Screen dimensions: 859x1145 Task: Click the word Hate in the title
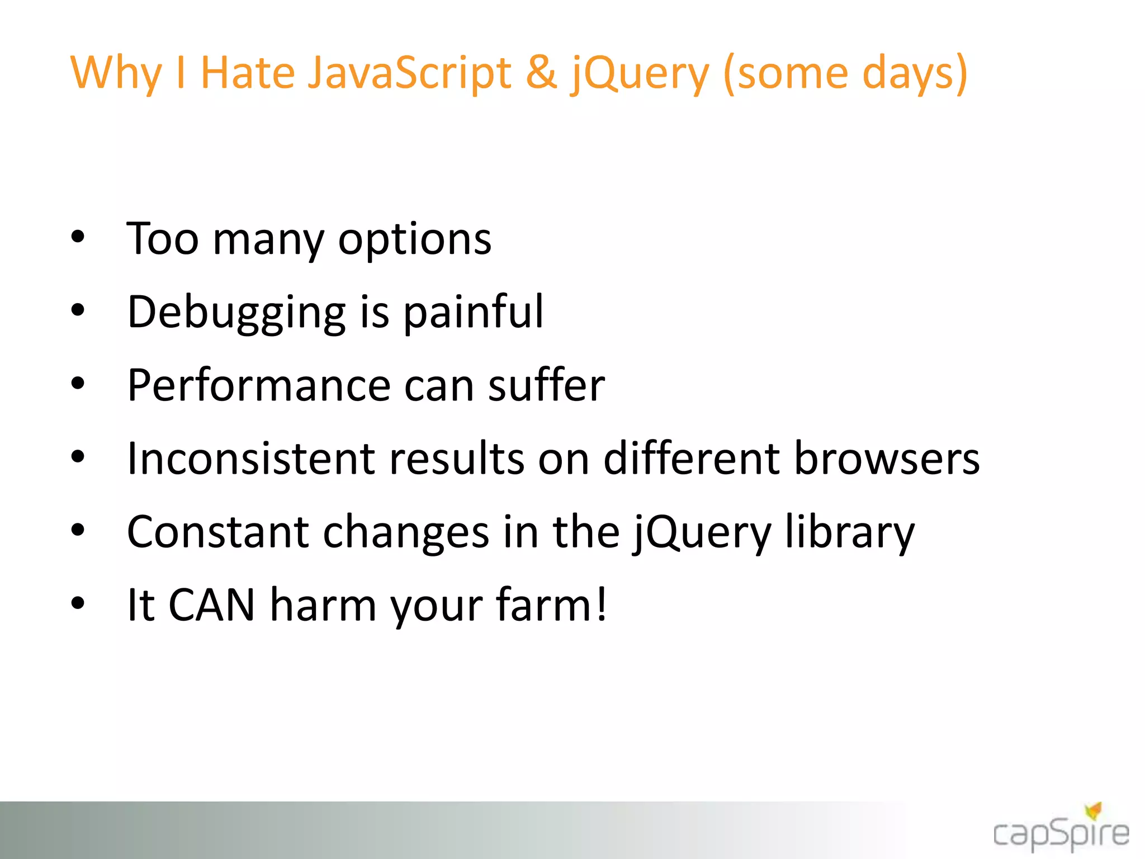coord(247,73)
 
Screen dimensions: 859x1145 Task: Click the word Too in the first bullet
coord(163,239)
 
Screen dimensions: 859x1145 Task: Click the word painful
coord(473,312)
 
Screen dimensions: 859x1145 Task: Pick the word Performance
coord(259,386)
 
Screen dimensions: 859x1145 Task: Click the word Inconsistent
coord(250,459)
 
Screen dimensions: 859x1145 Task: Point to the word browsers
coord(887,459)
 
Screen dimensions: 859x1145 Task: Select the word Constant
coord(217,532)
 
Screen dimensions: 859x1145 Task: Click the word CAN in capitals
coord(212,605)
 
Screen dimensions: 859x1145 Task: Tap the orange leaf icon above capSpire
coord(1094,810)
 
